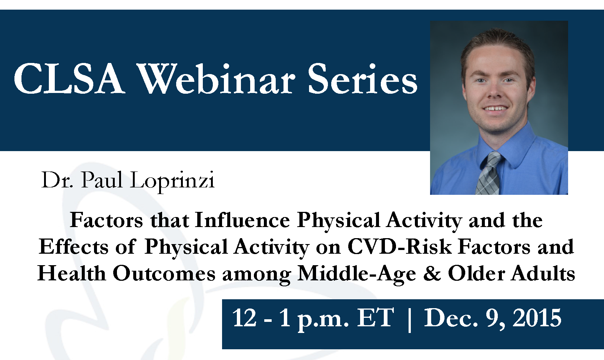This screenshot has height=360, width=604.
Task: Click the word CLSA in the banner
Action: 69,79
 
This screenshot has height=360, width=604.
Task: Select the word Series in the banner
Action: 363,79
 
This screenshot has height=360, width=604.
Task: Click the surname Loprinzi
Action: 172,180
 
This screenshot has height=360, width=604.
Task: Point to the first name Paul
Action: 102,179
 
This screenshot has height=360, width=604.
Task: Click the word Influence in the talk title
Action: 242,220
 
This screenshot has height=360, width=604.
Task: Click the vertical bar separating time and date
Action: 410,320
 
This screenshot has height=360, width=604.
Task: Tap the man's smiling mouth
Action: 496,109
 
